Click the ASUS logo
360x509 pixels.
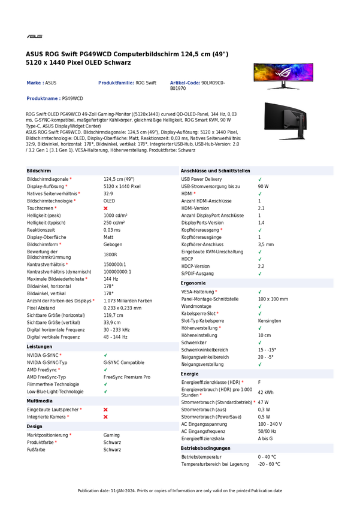tap(35, 36)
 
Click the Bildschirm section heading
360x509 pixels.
tap(39, 171)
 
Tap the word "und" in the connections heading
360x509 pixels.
tap(218, 171)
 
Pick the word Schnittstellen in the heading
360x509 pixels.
tap(237, 171)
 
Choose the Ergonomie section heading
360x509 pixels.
tap(193, 283)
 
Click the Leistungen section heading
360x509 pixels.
tap(40, 347)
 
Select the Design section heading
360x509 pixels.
tap(34, 426)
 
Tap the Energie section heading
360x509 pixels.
tap(190, 374)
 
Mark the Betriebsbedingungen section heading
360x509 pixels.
tap(205, 448)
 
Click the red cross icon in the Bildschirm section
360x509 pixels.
tap(105, 208)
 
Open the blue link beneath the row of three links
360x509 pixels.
tap(43, 98)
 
